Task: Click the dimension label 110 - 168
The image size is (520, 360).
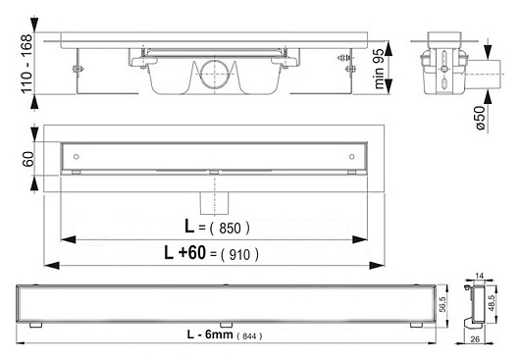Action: (x=27, y=64)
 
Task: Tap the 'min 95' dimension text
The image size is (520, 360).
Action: (x=379, y=69)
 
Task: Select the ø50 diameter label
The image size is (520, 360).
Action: (x=480, y=118)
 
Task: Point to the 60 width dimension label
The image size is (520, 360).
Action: (x=28, y=159)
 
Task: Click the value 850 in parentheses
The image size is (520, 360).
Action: (x=230, y=229)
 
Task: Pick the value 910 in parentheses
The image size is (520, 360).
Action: (x=239, y=255)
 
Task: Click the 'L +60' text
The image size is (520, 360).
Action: (x=185, y=253)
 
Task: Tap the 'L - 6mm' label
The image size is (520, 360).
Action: (x=210, y=334)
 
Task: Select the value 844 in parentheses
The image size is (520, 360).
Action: (x=249, y=336)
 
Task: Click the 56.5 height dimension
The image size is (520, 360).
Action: (x=442, y=305)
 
